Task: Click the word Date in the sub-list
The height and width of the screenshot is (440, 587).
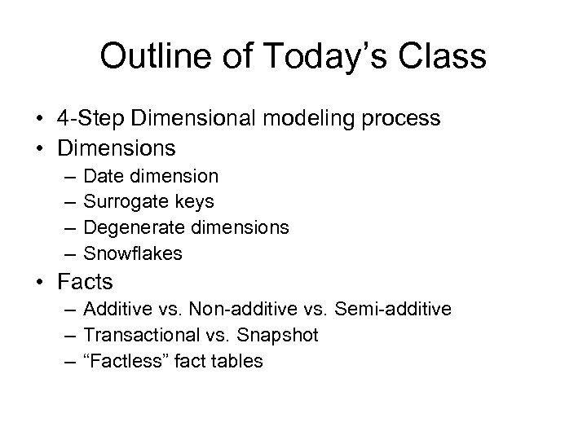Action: [102, 175]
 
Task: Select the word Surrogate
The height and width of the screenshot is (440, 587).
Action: [123, 201]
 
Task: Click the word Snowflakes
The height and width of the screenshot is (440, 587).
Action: [133, 253]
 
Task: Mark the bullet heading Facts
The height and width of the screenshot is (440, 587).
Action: [85, 282]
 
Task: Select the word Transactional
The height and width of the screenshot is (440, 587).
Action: [138, 335]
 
